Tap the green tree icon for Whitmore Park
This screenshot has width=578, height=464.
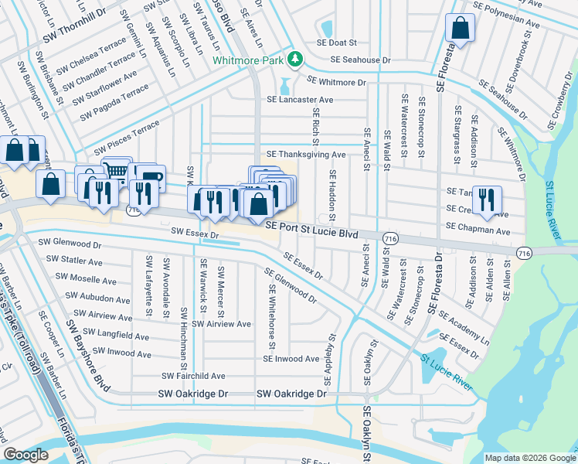pyautogui.click(x=294, y=59)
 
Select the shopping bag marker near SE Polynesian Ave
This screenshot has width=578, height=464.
pyautogui.click(x=460, y=29)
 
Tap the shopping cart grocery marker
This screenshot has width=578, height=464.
pyautogui.click(x=116, y=172)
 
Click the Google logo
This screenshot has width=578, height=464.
pyautogui.click(x=25, y=455)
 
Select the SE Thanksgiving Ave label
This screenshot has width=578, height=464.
pyautogui.click(x=306, y=155)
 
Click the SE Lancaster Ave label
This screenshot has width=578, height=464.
pyautogui.click(x=300, y=100)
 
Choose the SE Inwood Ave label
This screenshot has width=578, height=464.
pyautogui.click(x=291, y=359)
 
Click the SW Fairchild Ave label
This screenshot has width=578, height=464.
pyautogui.click(x=193, y=376)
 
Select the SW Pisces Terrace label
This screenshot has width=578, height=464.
pyautogui.click(x=126, y=137)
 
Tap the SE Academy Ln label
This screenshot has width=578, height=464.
pyautogui.click(x=464, y=328)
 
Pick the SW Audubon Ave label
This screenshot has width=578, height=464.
pyautogui.click(x=97, y=298)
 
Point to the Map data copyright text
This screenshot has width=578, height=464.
pyautogui.click(x=529, y=457)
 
